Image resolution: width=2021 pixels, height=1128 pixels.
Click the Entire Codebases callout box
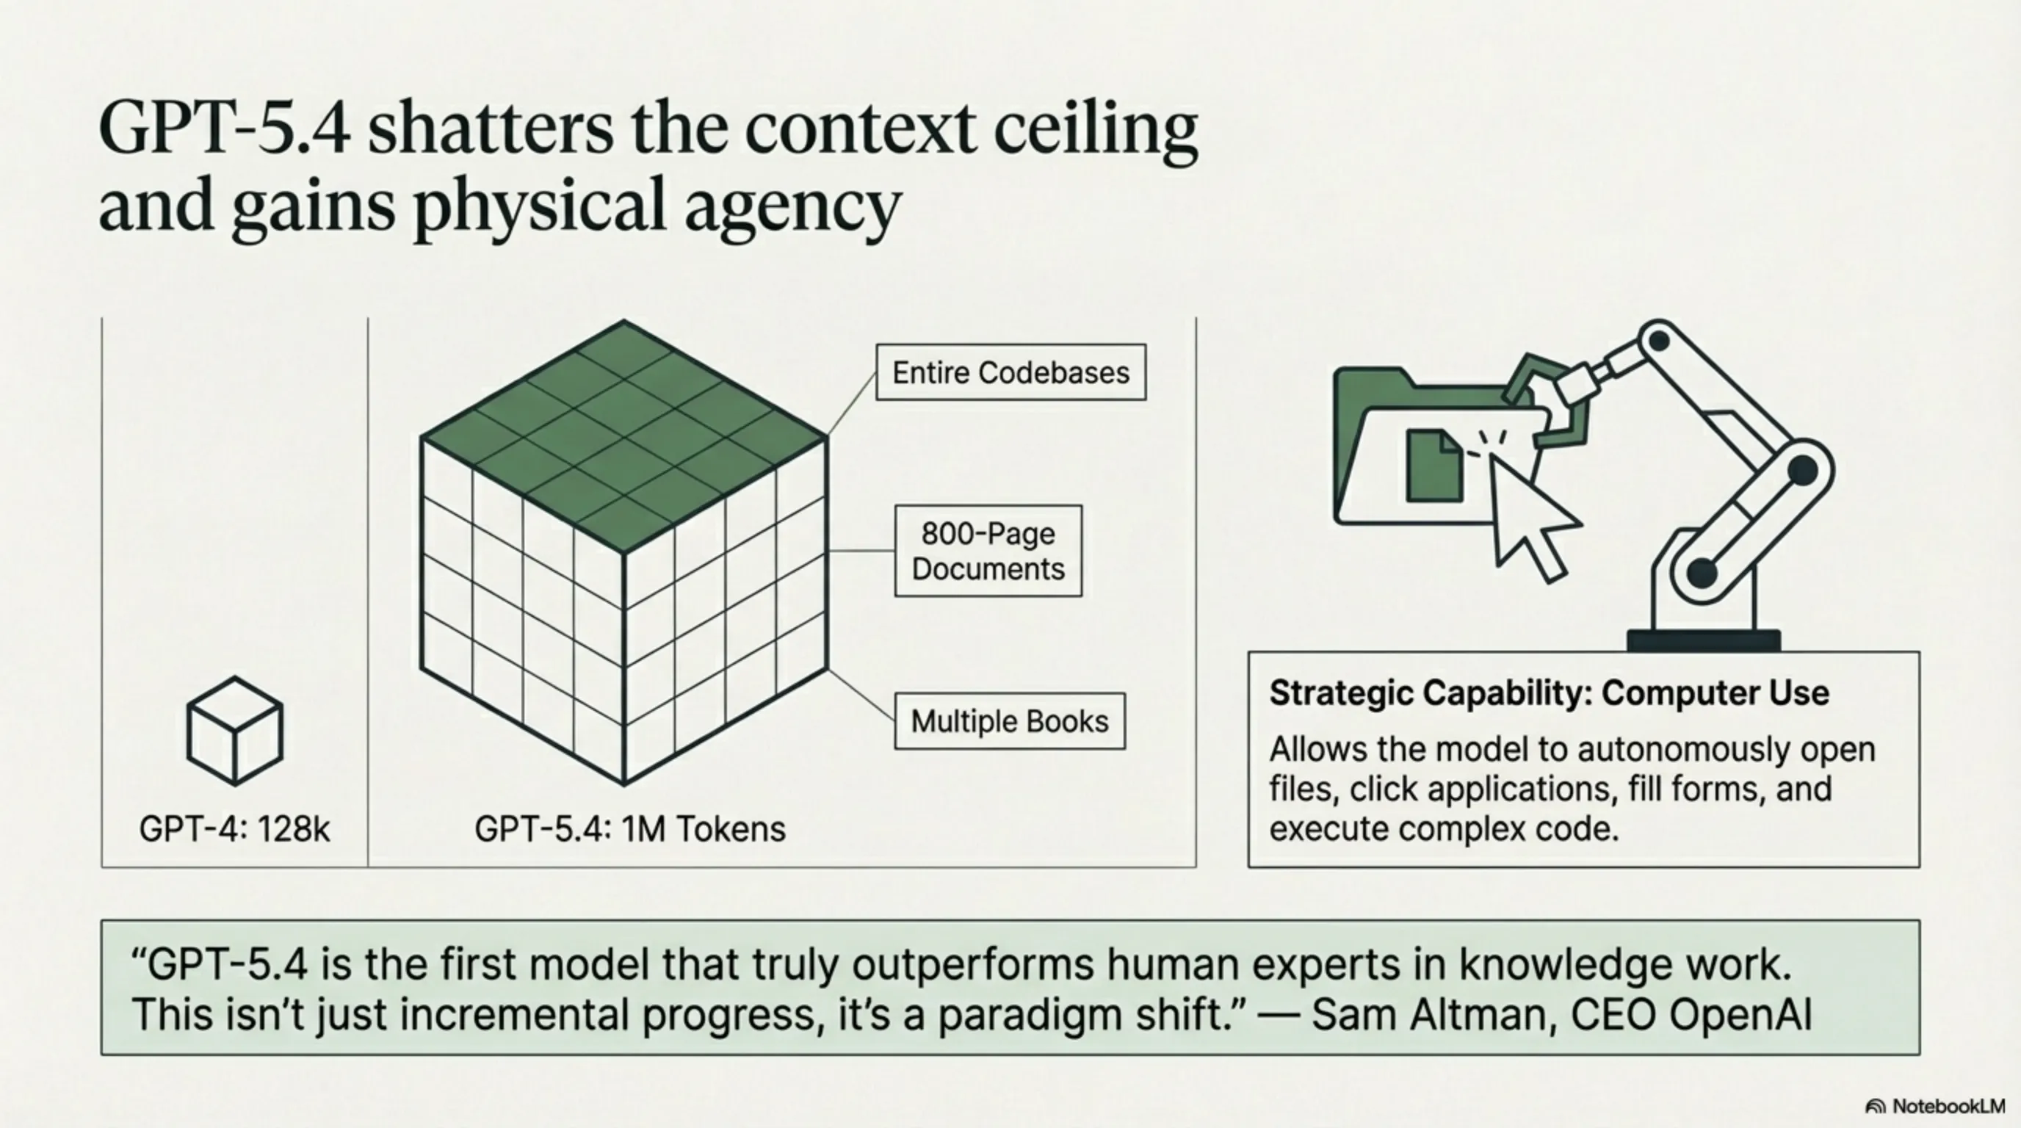click(x=1010, y=372)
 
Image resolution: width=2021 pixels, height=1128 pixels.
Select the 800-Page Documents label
click(x=988, y=551)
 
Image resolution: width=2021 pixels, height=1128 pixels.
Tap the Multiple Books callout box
click(x=1010, y=721)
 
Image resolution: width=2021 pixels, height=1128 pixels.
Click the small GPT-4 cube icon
click(x=234, y=730)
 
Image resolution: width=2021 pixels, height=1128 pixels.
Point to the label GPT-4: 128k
click(x=234, y=829)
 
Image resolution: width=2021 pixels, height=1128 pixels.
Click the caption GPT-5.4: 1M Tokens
click(x=630, y=829)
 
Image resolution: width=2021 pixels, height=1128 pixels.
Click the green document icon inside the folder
click(x=1434, y=465)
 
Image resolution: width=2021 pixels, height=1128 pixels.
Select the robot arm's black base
click(x=1703, y=640)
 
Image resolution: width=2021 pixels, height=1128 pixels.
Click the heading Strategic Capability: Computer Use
click(x=1550, y=693)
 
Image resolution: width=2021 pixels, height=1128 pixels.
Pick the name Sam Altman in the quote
click(x=1434, y=1014)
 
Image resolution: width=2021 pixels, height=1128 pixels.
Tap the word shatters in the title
click(x=491, y=129)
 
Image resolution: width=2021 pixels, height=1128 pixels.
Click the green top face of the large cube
click(x=623, y=436)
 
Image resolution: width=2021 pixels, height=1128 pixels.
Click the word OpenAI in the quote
click(x=1740, y=1015)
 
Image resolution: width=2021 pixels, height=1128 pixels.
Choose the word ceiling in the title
click(x=1096, y=133)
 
